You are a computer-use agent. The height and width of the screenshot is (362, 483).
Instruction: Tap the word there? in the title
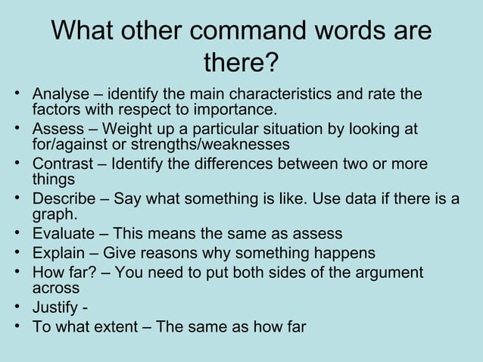point(241,63)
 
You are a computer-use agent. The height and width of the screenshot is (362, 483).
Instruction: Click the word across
point(55,288)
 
